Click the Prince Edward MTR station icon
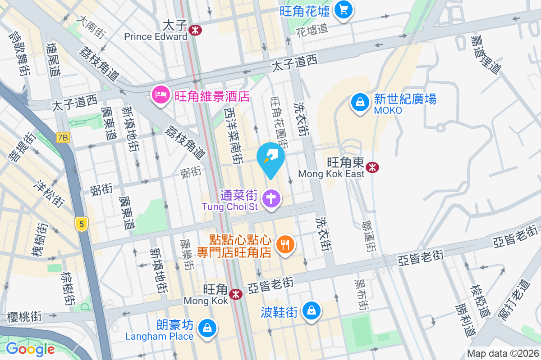click(x=196, y=30)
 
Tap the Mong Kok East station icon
click(x=372, y=167)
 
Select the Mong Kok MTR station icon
click(x=235, y=294)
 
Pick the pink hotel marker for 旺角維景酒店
click(x=160, y=94)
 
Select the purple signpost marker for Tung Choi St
click(x=272, y=198)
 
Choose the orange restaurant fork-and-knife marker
click(x=285, y=244)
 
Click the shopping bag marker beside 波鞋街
click(x=312, y=310)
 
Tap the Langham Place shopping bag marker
click(x=207, y=328)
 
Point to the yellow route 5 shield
click(x=81, y=224)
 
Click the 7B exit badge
click(x=63, y=138)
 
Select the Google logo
click(x=30, y=349)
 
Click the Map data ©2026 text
click(x=503, y=354)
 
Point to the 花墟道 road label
click(x=312, y=30)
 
